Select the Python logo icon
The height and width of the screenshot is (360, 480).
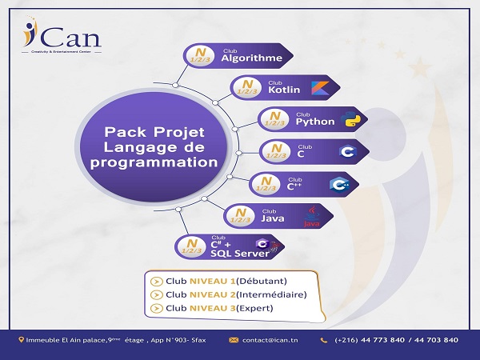pyautogui.click(x=349, y=121)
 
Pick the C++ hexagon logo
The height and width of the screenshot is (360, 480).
pyautogui.click(x=338, y=183)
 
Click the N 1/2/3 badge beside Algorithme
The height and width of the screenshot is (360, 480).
pyautogui.click(x=196, y=56)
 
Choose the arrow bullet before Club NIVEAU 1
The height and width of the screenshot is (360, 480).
pyautogui.click(x=155, y=281)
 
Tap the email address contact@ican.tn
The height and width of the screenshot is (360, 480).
pyautogui.click(x=271, y=340)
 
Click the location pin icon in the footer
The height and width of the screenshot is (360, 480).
pyautogui.click(x=22, y=340)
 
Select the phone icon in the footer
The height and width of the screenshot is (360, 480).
pyautogui.click(x=323, y=340)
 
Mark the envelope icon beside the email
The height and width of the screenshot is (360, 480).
pyautogui.click(x=234, y=340)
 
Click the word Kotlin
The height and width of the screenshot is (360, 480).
pyautogui.click(x=279, y=90)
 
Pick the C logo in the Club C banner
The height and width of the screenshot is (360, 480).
pyautogui.click(x=346, y=152)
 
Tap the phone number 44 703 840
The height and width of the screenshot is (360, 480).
pyautogui.click(x=432, y=340)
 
